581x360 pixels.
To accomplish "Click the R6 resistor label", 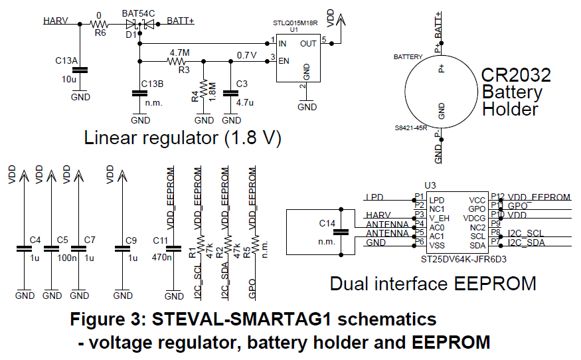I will click(100, 31).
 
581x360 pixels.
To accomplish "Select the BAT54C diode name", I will click(139, 13).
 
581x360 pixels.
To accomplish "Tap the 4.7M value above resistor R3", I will click(180, 52).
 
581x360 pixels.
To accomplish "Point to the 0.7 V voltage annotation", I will click(247, 54).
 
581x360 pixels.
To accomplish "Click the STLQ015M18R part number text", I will click(295, 23).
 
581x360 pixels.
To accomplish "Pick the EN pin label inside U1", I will click(283, 61).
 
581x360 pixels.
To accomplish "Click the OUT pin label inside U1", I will click(309, 43).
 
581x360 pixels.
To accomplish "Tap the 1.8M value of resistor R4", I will click(212, 91).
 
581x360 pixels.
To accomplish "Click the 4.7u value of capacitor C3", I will click(245, 102).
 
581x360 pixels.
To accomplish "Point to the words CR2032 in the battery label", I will click(517, 74).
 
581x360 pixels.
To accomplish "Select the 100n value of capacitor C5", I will click(64, 257).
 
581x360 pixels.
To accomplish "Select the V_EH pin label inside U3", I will click(439, 218).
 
